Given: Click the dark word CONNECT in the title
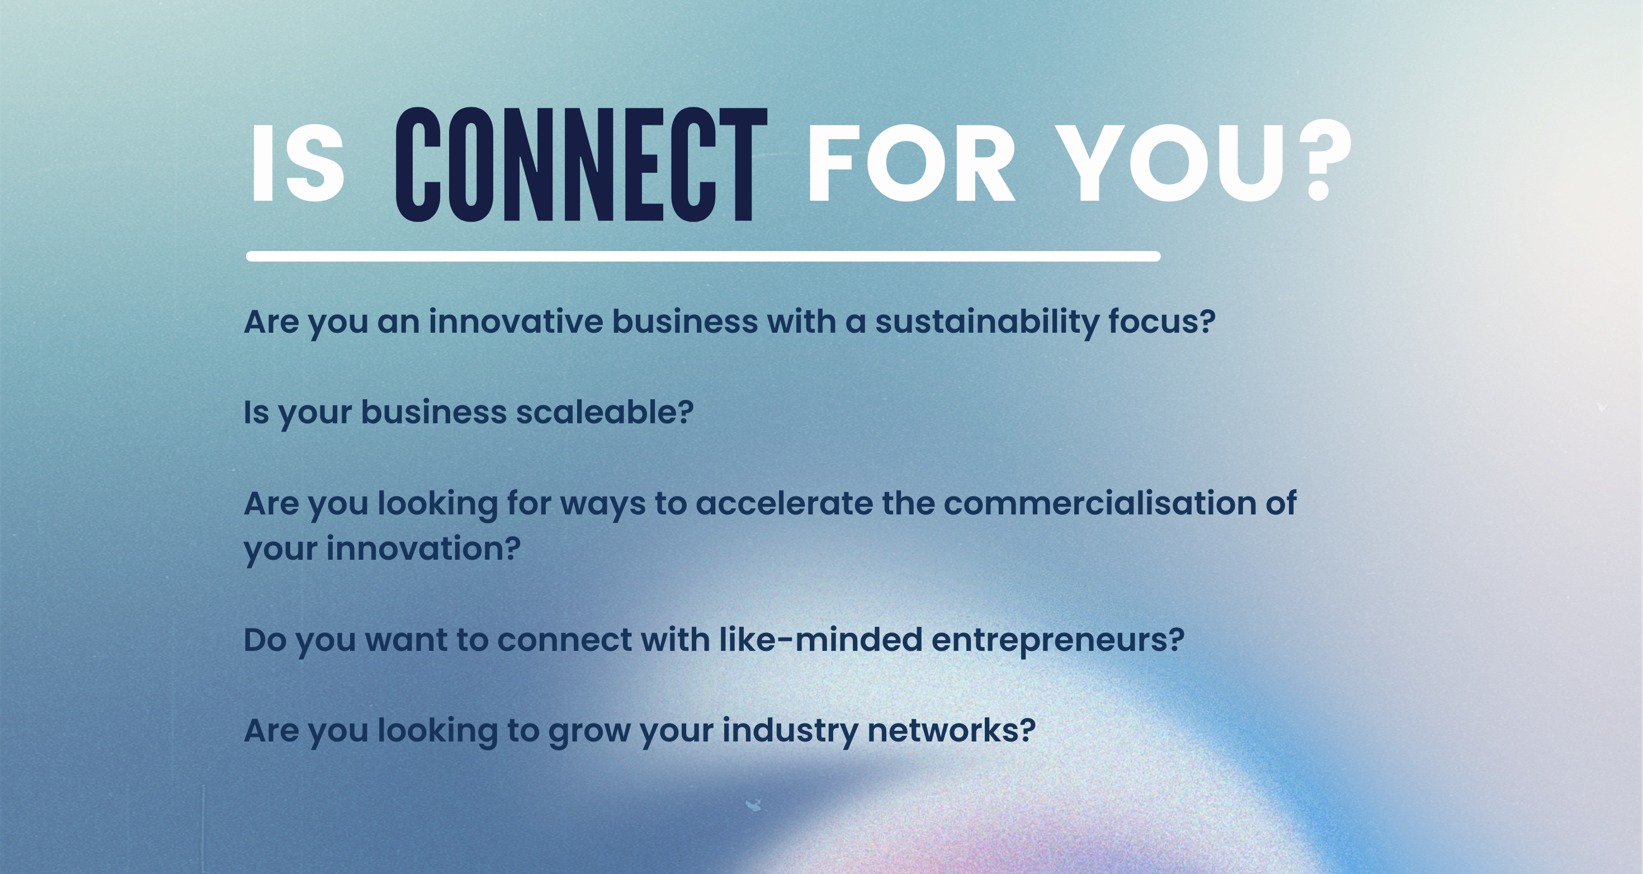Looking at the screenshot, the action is click(581, 164).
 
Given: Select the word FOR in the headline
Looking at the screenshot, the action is click(912, 163).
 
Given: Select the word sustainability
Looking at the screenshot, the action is click(988, 323).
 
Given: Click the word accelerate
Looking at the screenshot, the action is click(784, 503).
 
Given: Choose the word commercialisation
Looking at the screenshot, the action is click(1100, 503).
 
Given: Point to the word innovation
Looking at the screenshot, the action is click(423, 549).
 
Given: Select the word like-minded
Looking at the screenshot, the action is click(821, 639).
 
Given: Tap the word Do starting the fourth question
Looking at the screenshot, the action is click(265, 640).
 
